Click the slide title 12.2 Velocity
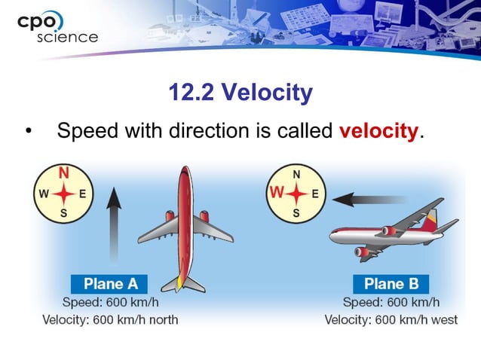coord(240,93)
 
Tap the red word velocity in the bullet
coord(378,130)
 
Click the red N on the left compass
coord(63,173)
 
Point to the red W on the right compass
coord(277,194)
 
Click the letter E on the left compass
coord(82,193)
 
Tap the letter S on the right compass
coord(296,213)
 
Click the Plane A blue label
coord(110,285)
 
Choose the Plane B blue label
coord(391,285)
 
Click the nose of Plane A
coord(185,173)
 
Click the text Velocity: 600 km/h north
coord(110,320)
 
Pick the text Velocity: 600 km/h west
coord(391,320)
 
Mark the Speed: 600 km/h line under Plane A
coord(110,303)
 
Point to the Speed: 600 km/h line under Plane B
coord(391,303)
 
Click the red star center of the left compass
coord(63,194)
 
